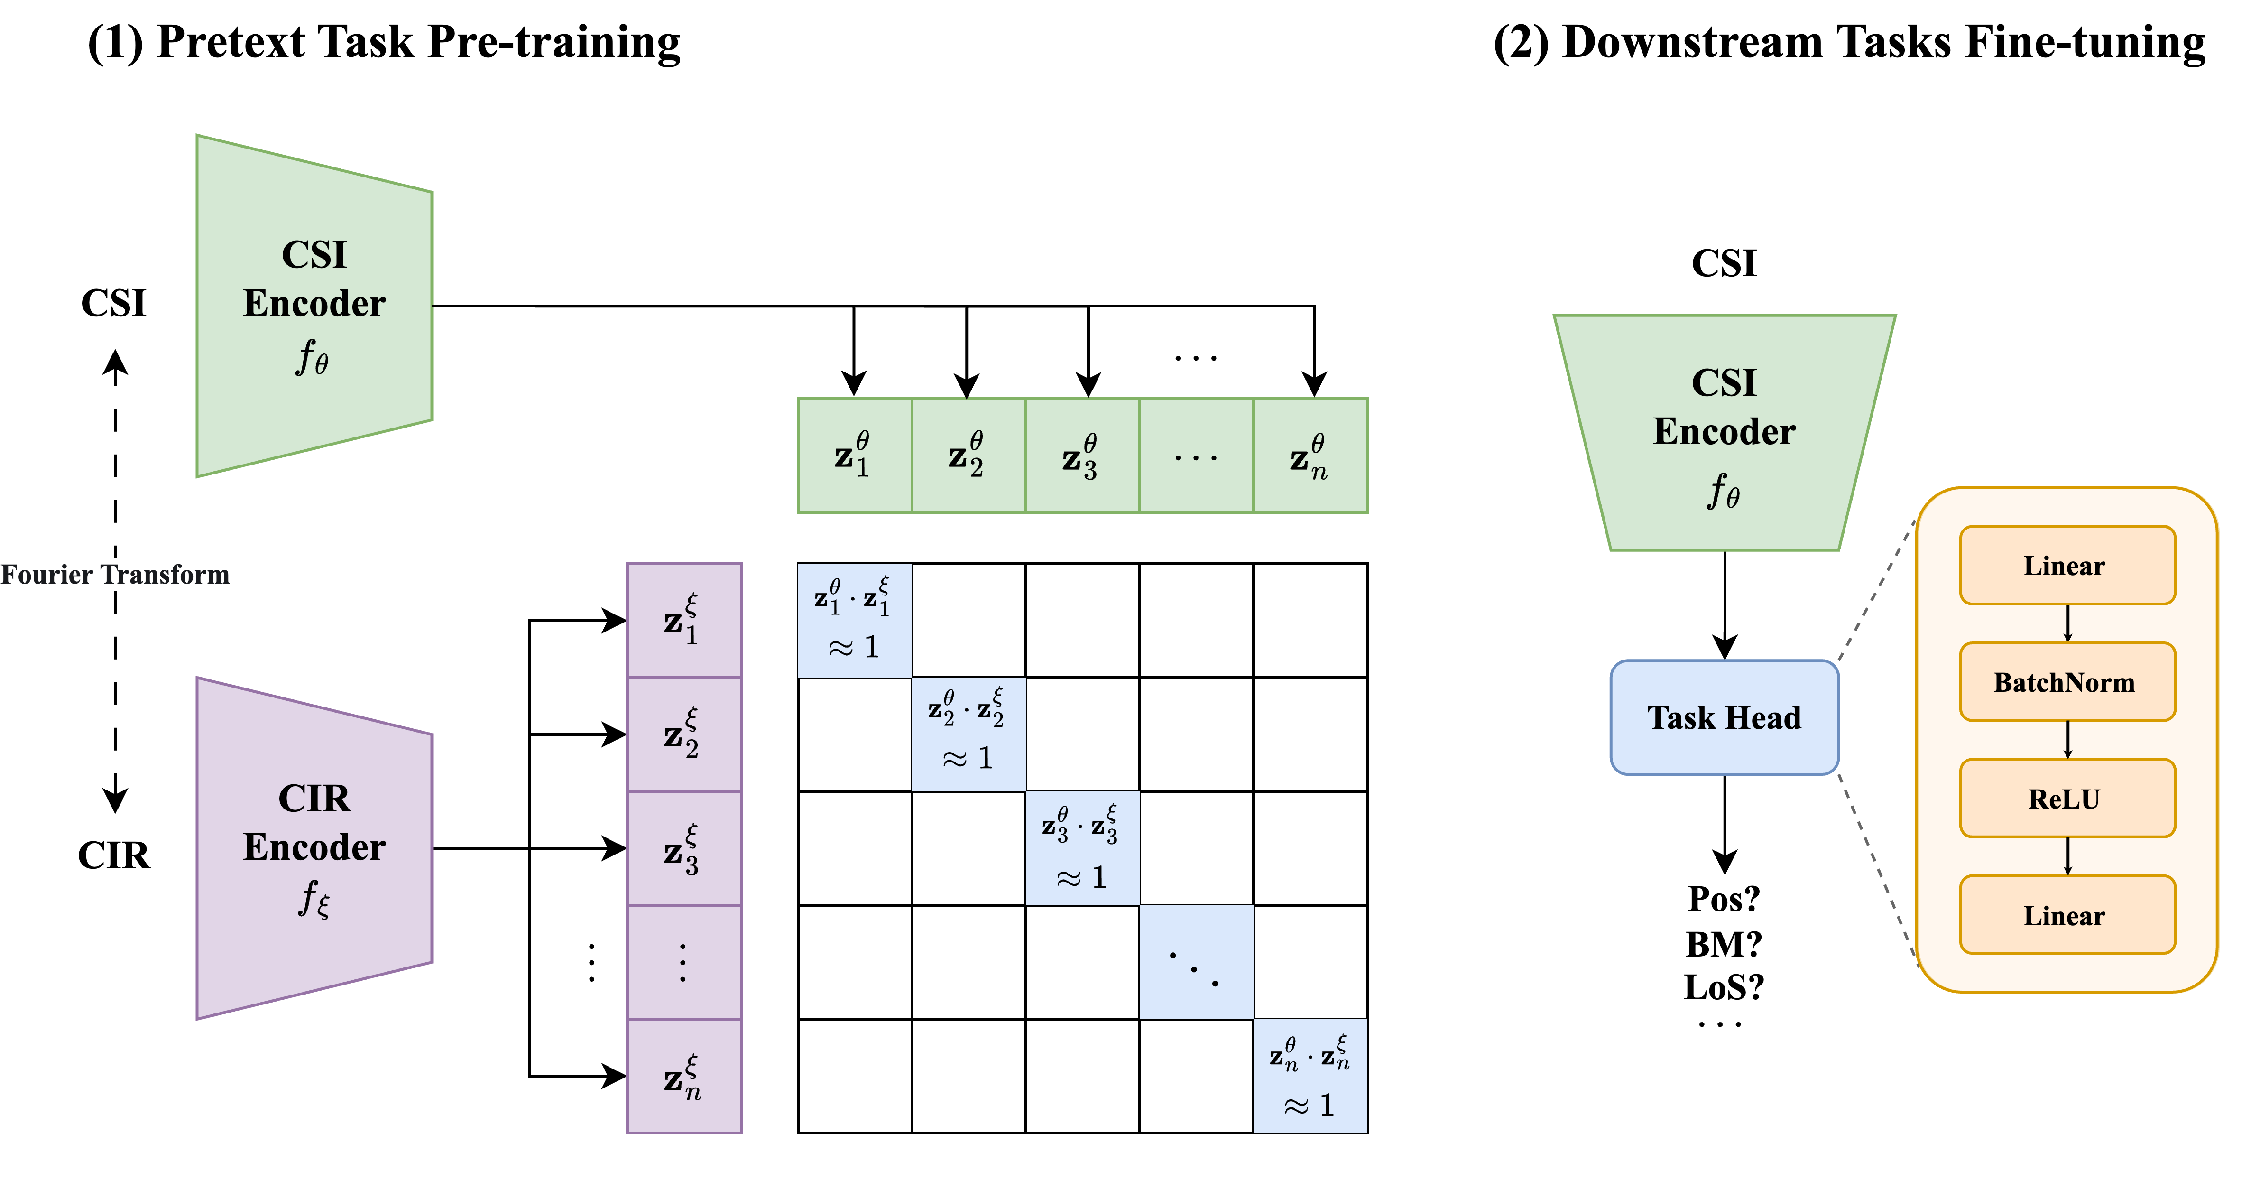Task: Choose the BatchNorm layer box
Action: point(2066,682)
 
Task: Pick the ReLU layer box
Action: point(2066,798)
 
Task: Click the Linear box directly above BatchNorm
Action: point(2066,566)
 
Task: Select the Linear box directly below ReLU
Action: point(2066,915)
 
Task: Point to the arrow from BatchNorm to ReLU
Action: point(2067,740)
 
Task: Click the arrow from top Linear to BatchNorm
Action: point(2067,623)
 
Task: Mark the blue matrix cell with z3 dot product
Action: point(1082,848)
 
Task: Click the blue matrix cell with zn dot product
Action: point(1310,1076)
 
